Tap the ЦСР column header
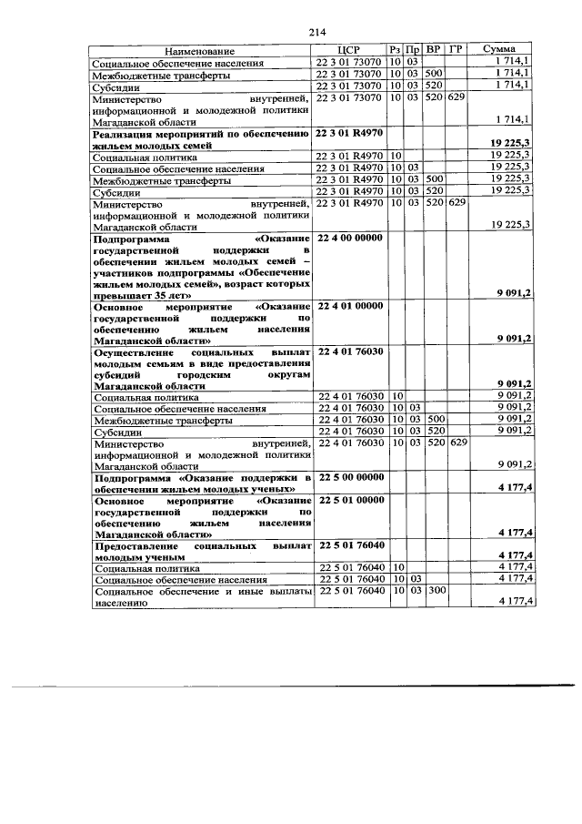[x=348, y=52]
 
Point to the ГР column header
[x=457, y=52]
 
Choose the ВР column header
[x=434, y=52]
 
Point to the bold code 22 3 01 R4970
[x=348, y=134]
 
